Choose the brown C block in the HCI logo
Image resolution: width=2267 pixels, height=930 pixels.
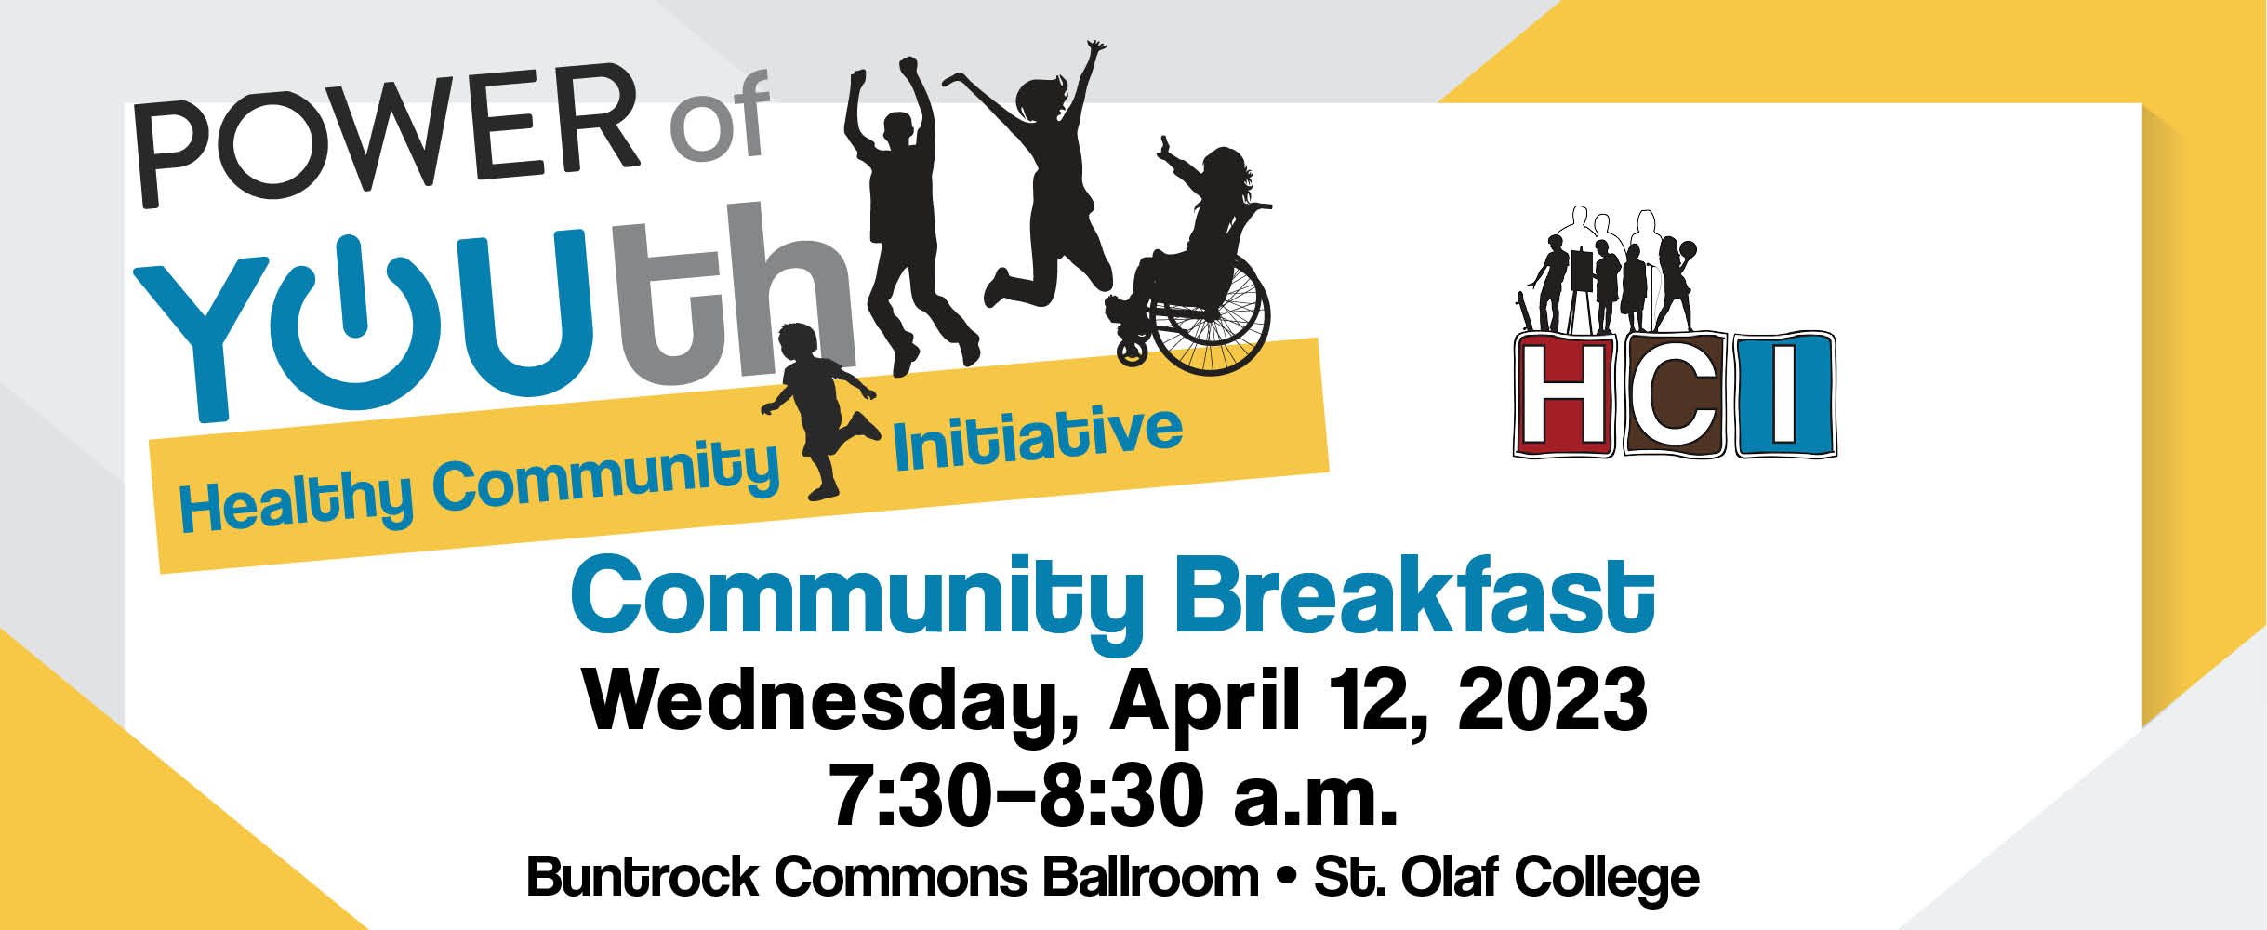coord(1675,394)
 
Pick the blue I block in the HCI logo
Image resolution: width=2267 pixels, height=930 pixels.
coord(1784,394)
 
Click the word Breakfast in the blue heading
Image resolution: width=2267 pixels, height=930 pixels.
coord(1415,598)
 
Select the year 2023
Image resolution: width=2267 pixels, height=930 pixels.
coord(1552,699)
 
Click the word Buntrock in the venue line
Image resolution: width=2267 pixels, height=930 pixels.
coord(643,877)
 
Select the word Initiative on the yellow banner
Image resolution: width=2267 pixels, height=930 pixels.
coord(1038,437)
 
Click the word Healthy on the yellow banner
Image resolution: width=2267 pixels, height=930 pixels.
coord(296,501)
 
